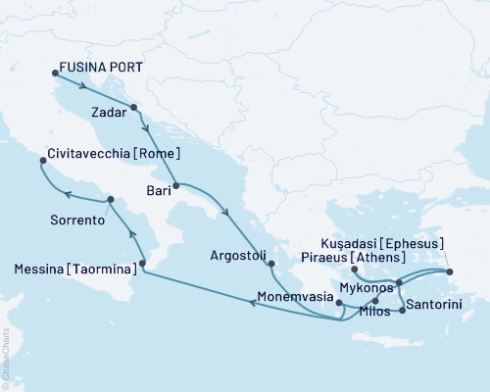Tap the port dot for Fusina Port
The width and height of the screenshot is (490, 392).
click(x=54, y=72)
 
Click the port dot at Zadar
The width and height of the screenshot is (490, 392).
click(x=133, y=108)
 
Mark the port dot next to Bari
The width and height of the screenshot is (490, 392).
click(x=175, y=185)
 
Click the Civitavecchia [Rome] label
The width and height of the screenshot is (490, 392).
click(x=114, y=155)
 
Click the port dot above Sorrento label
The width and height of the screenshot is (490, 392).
click(x=110, y=200)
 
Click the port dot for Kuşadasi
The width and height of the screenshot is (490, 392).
click(x=450, y=271)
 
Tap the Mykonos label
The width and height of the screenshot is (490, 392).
click(x=366, y=289)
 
